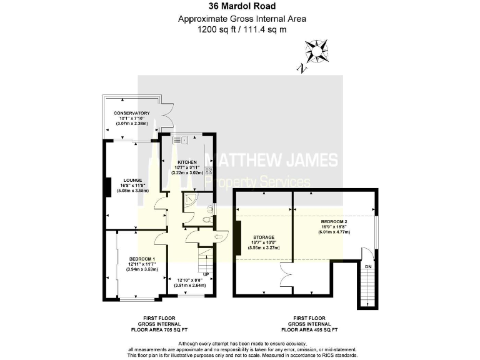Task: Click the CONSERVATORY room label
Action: point(131,113)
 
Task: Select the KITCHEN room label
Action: point(187,162)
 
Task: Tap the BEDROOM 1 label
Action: point(142,259)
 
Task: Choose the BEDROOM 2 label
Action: point(334,221)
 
